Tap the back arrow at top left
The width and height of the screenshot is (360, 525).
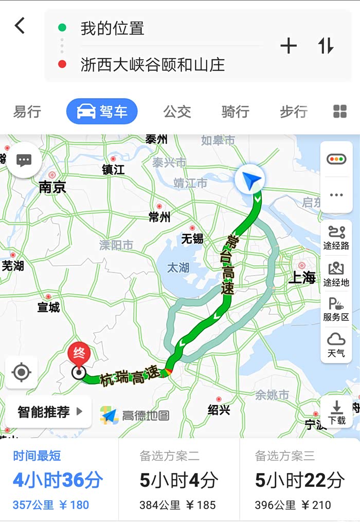[x=20, y=25]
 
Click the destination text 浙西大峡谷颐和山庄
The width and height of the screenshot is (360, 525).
[x=153, y=65]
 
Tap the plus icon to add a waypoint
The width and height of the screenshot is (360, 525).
[x=289, y=46]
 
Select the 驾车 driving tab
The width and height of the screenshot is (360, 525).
[x=102, y=112]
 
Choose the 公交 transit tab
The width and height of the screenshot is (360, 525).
[x=177, y=112]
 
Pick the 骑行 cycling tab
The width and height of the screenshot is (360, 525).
[x=235, y=112]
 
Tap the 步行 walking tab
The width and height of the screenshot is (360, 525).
[x=294, y=112]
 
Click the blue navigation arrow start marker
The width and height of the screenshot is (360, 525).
[x=249, y=179]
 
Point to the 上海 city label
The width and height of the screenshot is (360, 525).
[x=302, y=278]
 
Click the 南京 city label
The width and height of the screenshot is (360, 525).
[x=52, y=188]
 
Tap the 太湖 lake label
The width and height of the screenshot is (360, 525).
[x=178, y=267]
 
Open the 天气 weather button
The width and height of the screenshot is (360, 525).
[x=336, y=345]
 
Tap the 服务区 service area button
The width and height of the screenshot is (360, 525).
[x=336, y=310]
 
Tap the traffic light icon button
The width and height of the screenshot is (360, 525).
[x=336, y=159]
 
